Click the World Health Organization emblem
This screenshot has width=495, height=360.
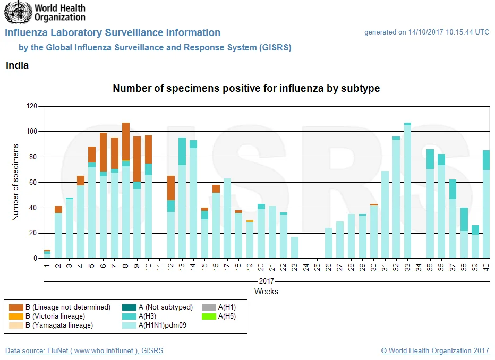click(x=18, y=12)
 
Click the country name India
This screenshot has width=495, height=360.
click(x=17, y=66)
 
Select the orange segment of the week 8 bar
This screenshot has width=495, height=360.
click(x=126, y=141)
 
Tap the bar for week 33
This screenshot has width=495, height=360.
click(x=407, y=190)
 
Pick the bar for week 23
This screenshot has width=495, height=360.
click(x=295, y=247)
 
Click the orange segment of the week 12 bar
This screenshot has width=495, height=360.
click(x=171, y=188)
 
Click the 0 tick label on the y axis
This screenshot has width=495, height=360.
click(x=35, y=258)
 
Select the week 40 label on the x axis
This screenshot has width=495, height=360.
click(x=486, y=267)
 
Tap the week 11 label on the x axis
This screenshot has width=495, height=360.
click(x=159, y=267)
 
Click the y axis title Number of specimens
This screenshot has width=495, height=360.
click(x=15, y=182)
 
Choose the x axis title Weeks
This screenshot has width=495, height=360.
click(x=266, y=291)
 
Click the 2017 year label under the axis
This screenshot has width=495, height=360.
click(x=266, y=281)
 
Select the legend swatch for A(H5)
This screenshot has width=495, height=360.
click(x=209, y=316)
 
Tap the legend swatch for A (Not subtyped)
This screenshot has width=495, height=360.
click(x=129, y=307)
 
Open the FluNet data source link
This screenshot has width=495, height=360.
click(x=84, y=350)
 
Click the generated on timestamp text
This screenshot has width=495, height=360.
click(x=427, y=32)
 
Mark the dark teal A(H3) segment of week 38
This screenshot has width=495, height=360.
click(x=464, y=220)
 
